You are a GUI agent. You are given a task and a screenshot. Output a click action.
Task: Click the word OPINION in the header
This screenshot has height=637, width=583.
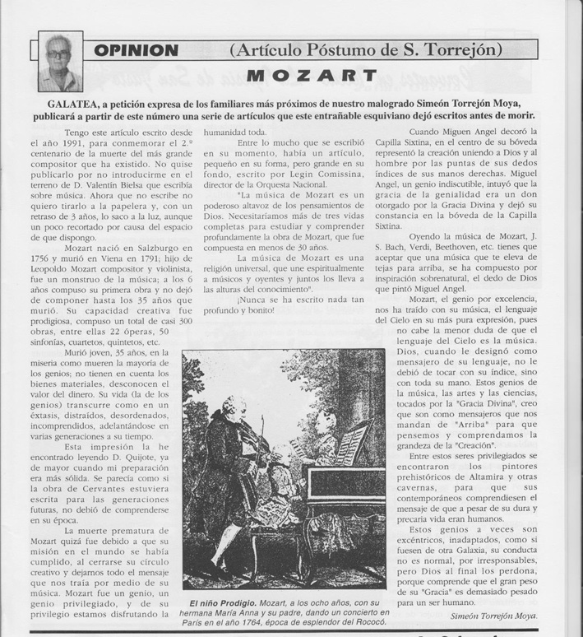[x=135, y=49]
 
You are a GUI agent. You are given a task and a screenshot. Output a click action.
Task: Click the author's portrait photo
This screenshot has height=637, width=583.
[x=59, y=61]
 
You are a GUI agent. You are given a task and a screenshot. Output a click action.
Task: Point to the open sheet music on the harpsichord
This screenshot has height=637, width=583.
[x=350, y=442]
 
